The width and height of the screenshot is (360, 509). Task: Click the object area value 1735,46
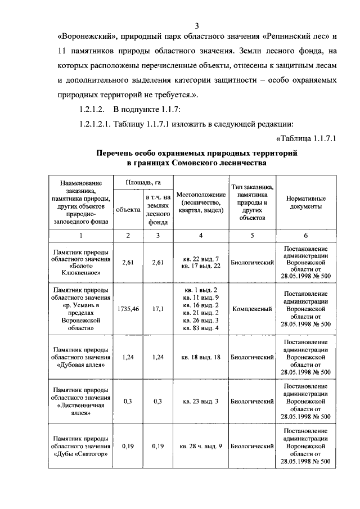128,309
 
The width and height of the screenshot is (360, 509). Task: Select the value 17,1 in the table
157,309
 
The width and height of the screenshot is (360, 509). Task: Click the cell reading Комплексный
252,309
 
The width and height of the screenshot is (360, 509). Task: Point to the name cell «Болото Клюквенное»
81,263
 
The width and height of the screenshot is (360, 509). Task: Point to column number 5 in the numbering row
252,235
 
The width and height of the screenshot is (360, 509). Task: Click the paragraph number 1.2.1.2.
92,109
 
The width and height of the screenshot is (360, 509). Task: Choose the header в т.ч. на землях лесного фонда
157,210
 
